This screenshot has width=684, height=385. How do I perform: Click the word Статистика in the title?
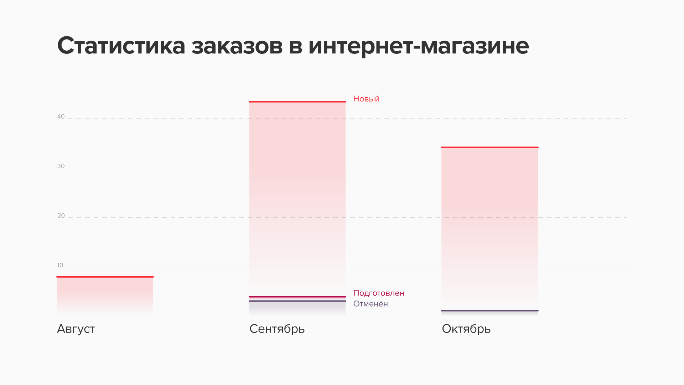121,46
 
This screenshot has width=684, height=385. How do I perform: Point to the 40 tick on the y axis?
61,117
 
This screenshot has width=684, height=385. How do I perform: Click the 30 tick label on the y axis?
61,166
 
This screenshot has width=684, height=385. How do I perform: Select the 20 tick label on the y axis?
61,216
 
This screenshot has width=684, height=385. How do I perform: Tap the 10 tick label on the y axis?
60,265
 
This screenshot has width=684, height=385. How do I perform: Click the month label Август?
76,329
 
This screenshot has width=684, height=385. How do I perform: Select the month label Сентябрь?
277,329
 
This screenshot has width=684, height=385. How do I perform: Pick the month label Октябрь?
466,329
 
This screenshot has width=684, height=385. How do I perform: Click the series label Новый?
366,99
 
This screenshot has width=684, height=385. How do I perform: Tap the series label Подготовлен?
379,293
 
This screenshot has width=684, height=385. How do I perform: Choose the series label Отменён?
370,304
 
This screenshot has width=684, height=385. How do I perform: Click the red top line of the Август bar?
105,277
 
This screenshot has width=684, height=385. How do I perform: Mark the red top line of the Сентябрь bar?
297,102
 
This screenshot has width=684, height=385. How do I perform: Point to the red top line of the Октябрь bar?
490,147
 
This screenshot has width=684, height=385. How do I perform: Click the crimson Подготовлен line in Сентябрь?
297,297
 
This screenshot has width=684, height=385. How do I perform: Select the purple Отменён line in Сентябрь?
297,301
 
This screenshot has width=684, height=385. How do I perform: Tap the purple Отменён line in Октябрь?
490,310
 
